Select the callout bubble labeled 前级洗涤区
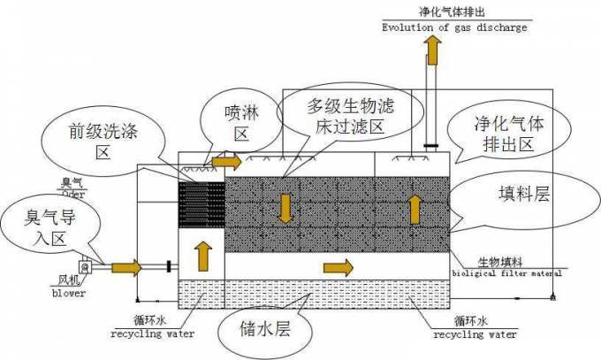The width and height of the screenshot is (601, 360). pos(104,141)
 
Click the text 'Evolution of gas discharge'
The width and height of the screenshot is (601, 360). pos(454,27)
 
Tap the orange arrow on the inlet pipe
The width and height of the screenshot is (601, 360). pos(125,265)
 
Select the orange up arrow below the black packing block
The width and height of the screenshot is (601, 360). pos(202,251)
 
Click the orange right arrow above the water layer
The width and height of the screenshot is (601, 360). pos(337,266)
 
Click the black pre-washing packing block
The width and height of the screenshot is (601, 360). pos(202,204)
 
